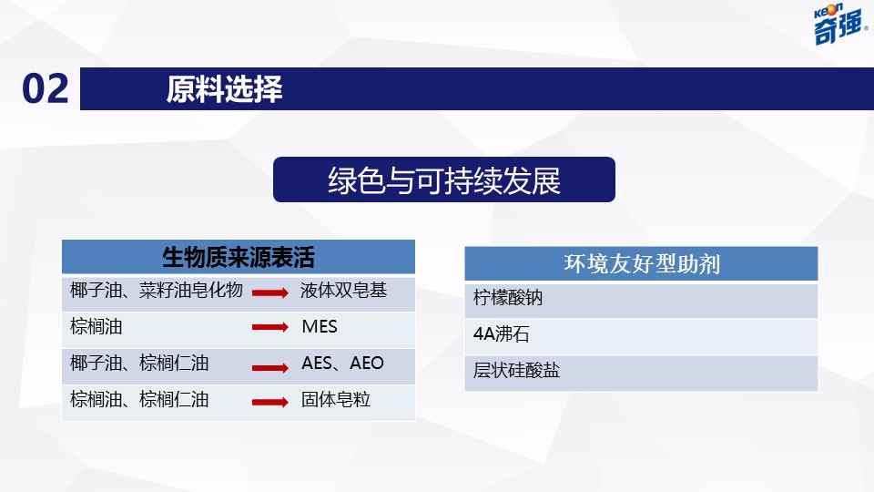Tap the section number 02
(46, 88)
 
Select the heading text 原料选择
(224, 88)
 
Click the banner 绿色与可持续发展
(444, 179)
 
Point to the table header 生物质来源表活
(239, 257)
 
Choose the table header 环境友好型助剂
(642, 263)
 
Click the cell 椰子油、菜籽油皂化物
(157, 290)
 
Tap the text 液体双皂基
(343, 290)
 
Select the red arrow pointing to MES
(270, 327)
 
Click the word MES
(320, 326)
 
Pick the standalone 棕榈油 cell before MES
(96, 326)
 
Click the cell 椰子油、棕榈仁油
(139, 364)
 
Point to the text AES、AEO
(342, 364)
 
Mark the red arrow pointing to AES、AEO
(270, 367)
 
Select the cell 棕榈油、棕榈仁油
(139, 399)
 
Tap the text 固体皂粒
(336, 399)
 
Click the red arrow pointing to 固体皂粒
(270, 402)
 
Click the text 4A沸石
(501, 334)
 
